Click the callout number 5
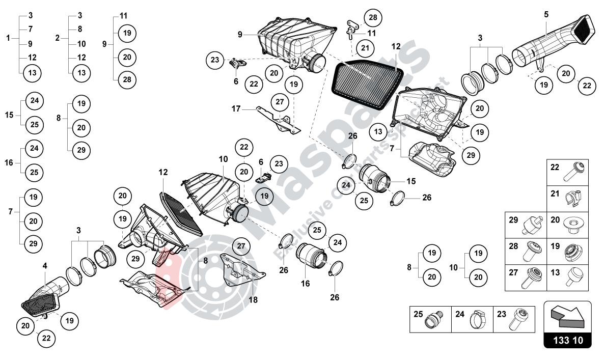(x=546, y=14)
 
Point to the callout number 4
(x=45, y=265)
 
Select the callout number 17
(x=235, y=108)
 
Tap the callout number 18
(x=253, y=300)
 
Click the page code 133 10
(x=567, y=340)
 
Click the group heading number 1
(x=8, y=38)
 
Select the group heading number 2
(x=57, y=38)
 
